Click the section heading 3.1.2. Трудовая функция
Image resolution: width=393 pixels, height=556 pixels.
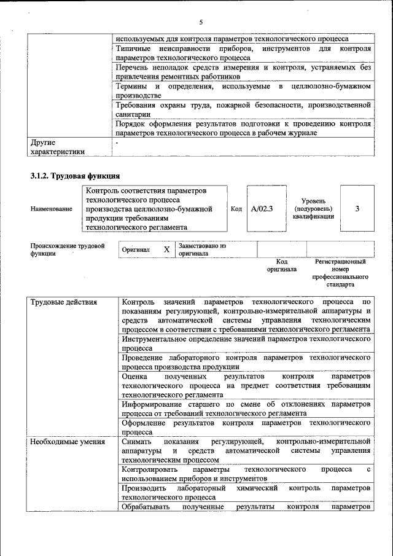click(71, 176)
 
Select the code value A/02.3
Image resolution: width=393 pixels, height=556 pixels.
click(262, 208)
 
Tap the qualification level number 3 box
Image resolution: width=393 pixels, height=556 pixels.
click(357, 208)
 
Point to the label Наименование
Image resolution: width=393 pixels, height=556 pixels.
click(51, 209)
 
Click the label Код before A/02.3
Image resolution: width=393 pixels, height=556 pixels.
click(236, 209)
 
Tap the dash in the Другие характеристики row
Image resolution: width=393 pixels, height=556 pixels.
click(117, 143)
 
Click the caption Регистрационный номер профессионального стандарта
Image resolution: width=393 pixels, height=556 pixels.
click(340, 273)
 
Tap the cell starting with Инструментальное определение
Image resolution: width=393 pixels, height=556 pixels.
click(246, 343)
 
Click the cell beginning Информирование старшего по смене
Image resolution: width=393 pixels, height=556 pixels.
click(246, 409)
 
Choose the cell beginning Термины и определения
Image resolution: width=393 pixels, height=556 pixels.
click(243, 91)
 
